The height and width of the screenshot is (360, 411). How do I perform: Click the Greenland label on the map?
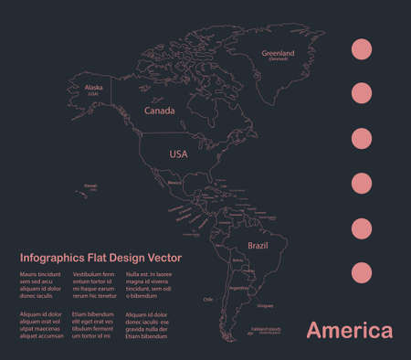[x=279, y=54]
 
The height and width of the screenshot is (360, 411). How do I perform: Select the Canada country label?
[x=159, y=111]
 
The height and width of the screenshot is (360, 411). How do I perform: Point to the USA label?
[x=178, y=154]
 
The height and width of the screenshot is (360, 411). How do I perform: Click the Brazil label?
[x=257, y=247]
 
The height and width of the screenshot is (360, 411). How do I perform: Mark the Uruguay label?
[x=266, y=306]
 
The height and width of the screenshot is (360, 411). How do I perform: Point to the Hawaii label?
[x=90, y=185]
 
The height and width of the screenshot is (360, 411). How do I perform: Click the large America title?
[x=349, y=330]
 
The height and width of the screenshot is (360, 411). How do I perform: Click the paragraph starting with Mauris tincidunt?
[x=41, y=285]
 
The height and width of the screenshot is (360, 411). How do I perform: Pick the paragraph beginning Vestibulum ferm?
[x=94, y=285]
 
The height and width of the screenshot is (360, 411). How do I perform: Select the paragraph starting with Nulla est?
[x=148, y=285]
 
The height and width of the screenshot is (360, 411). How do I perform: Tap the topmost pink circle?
[x=363, y=48]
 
